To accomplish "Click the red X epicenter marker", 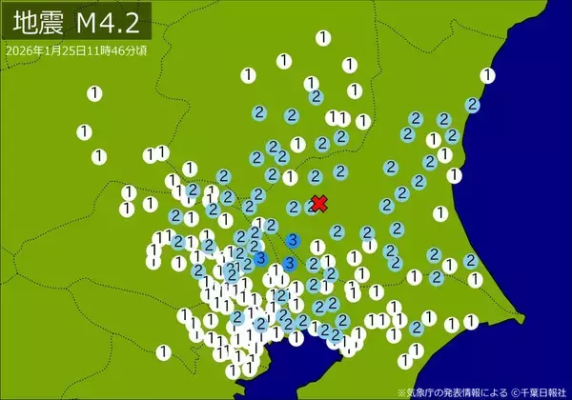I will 319,203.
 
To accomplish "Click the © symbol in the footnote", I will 514,391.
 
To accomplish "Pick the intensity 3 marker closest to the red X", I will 293,239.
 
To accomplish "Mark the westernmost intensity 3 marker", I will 259,258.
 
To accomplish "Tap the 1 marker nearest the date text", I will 94,92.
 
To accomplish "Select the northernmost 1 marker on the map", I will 323,38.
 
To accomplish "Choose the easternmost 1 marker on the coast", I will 488,74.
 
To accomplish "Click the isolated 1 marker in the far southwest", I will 162,351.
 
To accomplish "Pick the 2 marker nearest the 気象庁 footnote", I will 416,327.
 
